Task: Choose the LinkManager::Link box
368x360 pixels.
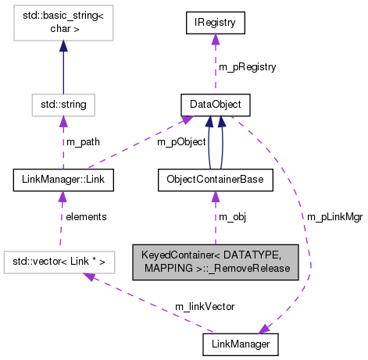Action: pos(64,180)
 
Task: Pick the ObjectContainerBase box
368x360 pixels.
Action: pos(214,180)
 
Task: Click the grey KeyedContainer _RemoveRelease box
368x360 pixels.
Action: pos(215,261)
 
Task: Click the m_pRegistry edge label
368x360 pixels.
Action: pos(247,67)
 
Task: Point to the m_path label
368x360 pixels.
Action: pos(83,142)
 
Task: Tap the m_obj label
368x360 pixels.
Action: pos(233,216)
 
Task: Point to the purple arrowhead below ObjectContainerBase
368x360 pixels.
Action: pos(214,198)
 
